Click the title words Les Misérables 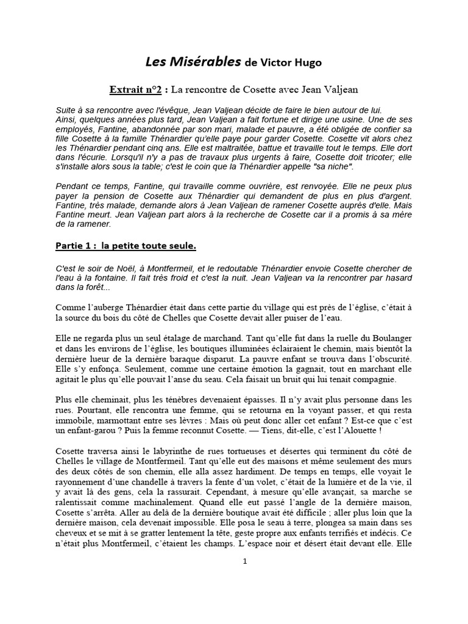tap(192, 62)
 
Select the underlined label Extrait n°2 tap(135, 90)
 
